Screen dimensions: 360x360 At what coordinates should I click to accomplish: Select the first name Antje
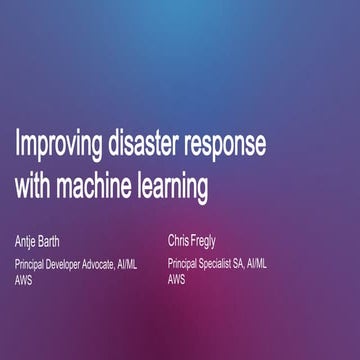[x=27, y=243]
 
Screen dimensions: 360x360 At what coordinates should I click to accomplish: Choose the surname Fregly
[x=214, y=242]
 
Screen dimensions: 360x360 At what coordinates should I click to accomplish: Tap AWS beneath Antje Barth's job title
[x=23, y=281]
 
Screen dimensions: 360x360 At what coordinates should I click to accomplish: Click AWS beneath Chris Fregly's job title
[x=177, y=280]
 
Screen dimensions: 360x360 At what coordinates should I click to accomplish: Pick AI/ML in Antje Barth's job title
[x=152, y=265]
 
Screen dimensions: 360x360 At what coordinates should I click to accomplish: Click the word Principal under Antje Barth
[x=32, y=265]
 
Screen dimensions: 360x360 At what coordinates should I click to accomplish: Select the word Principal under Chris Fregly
[x=187, y=265]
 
